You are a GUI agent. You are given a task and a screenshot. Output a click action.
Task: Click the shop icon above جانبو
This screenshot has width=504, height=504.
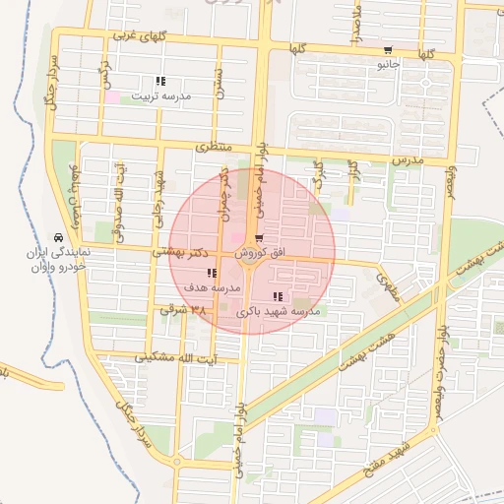pos(388,51)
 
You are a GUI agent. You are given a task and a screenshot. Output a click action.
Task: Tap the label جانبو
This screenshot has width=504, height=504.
pos(388,66)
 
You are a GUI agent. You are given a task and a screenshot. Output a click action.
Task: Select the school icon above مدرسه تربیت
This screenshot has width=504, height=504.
pos(160,82)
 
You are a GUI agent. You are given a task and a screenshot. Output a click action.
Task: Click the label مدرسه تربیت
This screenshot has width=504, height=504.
pos(160,96)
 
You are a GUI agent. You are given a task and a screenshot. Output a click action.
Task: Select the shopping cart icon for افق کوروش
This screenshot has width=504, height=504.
pos(258,238)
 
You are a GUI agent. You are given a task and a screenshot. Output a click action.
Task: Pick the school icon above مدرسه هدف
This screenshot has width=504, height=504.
pos(212,273)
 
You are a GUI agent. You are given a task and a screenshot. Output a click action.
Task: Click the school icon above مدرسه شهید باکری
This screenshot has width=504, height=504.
pos(279,296)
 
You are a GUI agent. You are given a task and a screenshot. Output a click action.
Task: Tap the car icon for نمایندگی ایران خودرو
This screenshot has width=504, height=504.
pos(61,238)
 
